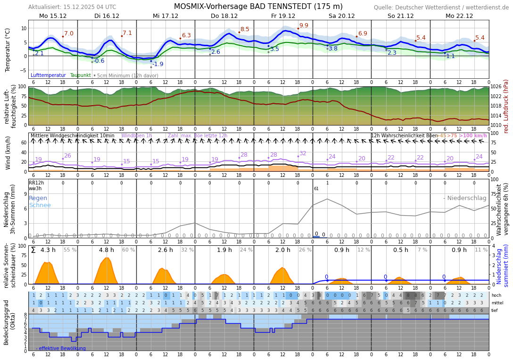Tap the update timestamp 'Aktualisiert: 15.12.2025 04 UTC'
click(x=72, y=7)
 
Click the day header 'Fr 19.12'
click(x=283, y=16)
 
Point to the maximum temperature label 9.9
click(x=304, y=25)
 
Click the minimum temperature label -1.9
click(x=157, y=64)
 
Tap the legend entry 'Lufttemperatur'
click(x=48, y=75)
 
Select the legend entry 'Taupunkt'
click(x=80, y=75)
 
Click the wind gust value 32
click(x=303, y=153)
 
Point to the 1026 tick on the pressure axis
click(x=496, y=87)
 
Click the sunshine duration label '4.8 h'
click(x=106, y=250)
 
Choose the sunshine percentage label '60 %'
click(x=128, y=250)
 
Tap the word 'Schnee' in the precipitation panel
click(x=40, y=205)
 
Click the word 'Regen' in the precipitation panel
click(x=38, y=198)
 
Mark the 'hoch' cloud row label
click(x=496, y=295)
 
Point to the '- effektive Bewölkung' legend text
click(x=61, y=349)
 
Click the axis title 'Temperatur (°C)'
click(x=8, y=50)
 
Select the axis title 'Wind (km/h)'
click(x=8, y=153)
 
